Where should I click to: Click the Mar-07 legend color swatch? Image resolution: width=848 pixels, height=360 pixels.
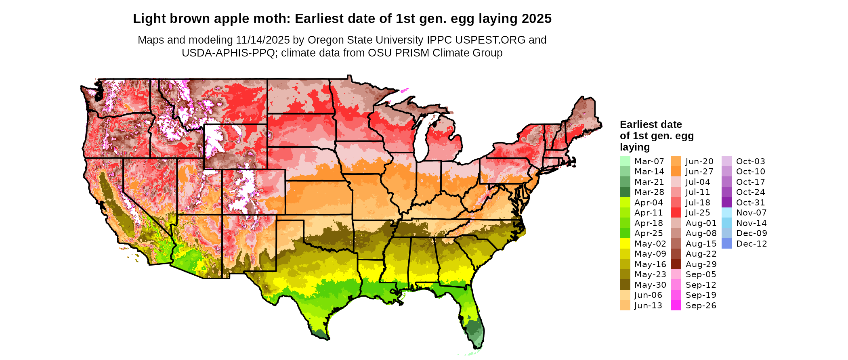(625, 161)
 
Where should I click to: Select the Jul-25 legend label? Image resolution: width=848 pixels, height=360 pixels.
(697, 213)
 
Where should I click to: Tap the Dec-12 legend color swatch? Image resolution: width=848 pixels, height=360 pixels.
(726, 243)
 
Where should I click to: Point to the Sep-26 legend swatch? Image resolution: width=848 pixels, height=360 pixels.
(676, 306)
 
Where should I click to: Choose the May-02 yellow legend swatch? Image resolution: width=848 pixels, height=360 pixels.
(625, 243)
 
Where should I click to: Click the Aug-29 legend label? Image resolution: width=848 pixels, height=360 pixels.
(701, 264)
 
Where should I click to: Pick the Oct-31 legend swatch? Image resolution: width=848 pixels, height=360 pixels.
(726, 202)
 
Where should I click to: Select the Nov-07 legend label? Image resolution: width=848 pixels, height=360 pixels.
(751, 213)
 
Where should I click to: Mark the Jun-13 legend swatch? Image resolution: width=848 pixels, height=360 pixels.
(625, 306)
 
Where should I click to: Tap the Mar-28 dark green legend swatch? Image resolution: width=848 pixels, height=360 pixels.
(625, 192)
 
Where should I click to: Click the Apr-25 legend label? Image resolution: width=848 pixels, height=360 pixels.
(649, 233)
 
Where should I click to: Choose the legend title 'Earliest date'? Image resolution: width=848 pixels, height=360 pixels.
(651, 124)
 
